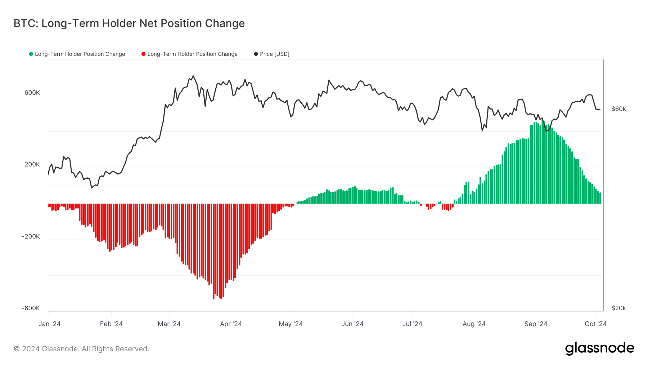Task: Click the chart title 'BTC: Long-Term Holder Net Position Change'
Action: pos(129,23)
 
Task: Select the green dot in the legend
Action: pos(31,54)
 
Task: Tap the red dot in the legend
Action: pos(143,54)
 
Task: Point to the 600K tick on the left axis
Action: pos(32,93)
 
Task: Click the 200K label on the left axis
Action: pos(32,164)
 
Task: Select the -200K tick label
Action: pos(31,236)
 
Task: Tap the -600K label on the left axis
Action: pos(31,308)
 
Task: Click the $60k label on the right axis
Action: pos(618,109)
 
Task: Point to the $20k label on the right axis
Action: pos(618,308)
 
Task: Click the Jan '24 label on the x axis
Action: pos(50,324)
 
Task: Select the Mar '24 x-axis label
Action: pos(169,324)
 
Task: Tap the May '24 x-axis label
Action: pos(291,324)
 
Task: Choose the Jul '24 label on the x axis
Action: pos(412,324)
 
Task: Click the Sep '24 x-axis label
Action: pos(536,324)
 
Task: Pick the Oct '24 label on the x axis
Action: pos(595,324)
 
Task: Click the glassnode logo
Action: pos(599,348)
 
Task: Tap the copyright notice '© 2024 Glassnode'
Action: pos(81,349)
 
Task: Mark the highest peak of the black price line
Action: pos(193,76)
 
